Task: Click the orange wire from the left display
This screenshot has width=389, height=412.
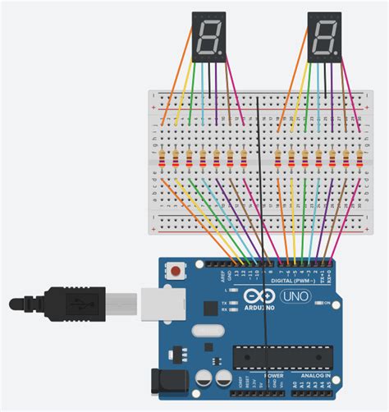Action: pos(176,82)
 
